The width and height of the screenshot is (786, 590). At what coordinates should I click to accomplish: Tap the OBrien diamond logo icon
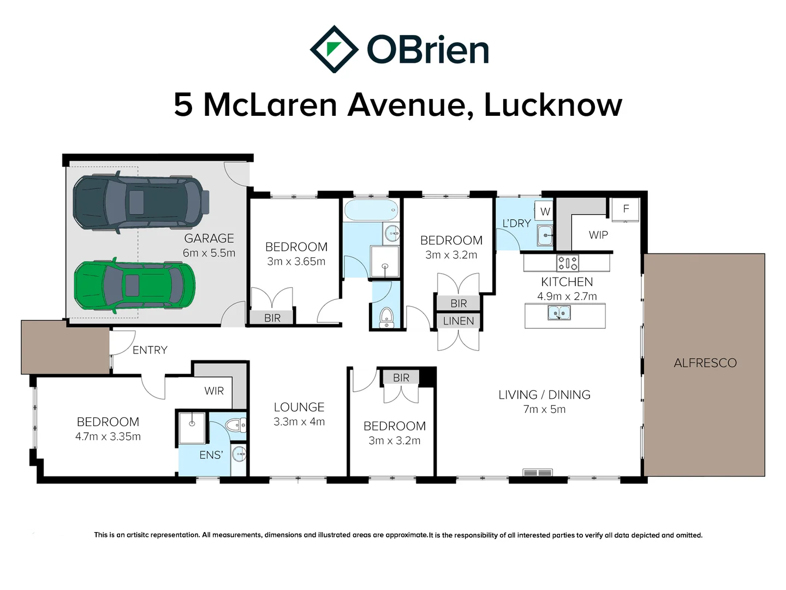pos(334,49)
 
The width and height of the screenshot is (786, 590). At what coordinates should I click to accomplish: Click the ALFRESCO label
pos(705,363)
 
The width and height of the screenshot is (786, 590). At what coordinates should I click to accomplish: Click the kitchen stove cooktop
pos(567,263)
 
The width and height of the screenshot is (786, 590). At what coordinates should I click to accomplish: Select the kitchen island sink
pos(559,313)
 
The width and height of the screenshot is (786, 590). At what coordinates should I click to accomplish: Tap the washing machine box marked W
pos(545,211)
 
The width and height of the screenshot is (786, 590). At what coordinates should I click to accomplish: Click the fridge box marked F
pos(626,209)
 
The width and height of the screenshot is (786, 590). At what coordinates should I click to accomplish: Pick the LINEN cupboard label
pos(458,321)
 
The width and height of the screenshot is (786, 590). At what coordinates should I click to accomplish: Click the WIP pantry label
pos(598,235)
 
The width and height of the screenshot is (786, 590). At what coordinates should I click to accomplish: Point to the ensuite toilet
pos(236,425)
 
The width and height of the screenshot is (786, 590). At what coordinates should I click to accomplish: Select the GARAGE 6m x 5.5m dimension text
pos(209,253)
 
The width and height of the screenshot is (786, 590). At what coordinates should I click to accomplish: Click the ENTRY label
pos(150,350)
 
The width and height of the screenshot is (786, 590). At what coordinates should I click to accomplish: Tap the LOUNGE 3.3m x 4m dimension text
pos(299,422)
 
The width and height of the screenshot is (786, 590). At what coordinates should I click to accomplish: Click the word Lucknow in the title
pos(552,104)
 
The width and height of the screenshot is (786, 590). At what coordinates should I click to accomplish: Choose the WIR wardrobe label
pos(214,391)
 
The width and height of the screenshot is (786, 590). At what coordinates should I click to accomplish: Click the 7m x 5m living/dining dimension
pos(544,409)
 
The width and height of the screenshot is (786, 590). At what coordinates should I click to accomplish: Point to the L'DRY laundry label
pos(516,223)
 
